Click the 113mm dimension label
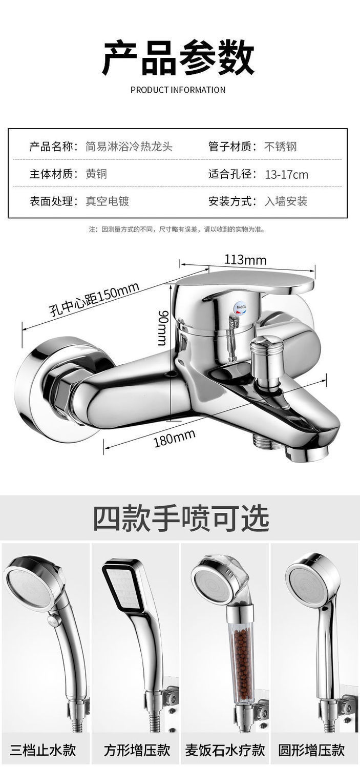coord(245,260)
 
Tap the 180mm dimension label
coord(175,438)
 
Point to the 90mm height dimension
coord(162,327)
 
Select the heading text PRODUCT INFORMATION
coord(178,90)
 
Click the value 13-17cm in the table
coord(286,175)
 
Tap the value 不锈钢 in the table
coord(281,147)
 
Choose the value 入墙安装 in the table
coord(286,201)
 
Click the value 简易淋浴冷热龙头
coord(129,147)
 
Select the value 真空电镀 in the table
coord(107,201)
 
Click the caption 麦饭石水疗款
coord(225,751)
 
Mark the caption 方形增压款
coord(137,751)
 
